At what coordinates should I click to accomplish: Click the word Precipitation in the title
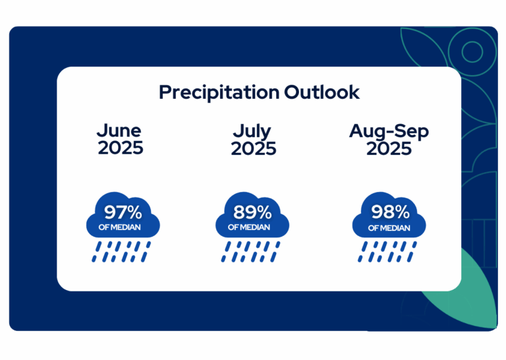click(219, 93)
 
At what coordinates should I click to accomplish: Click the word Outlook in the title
click(322, 92)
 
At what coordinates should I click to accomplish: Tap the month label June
click(119, 131)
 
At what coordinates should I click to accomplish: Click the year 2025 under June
click(121, 148)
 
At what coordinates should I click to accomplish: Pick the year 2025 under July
click(253, 148)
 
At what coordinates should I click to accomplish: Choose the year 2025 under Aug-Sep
click(389, 148)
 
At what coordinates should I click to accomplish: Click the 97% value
click(123, 212)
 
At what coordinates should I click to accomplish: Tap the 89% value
click(252, 212)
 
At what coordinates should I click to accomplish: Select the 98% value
click(390, 212)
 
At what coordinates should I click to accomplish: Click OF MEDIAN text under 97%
click(119, 227)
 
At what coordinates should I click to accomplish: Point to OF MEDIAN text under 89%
click(249, 227)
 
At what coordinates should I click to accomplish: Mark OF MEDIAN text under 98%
click(389, 228)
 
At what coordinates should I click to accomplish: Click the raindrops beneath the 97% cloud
click(121, 251)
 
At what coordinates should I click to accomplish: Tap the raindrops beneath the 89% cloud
click(251, 251)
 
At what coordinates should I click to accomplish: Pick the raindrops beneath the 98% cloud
click(387, 251)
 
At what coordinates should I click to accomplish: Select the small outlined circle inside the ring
click(472, 51)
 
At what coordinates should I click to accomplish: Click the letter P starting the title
click(165, 92)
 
